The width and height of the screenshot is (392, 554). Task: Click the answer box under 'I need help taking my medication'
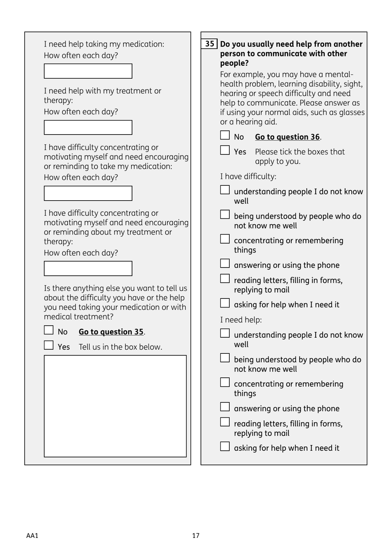88,71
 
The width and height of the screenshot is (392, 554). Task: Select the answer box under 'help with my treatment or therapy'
88,128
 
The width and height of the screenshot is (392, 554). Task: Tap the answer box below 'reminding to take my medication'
88,193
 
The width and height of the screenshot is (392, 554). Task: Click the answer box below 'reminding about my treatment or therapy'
88,268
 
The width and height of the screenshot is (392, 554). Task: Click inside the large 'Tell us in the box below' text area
115,406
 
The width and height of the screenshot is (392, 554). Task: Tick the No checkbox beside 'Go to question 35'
49,330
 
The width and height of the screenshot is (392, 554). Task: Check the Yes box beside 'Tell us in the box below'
49,345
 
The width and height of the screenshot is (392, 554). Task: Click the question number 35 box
210,44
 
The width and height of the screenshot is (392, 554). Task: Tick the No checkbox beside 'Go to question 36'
225,135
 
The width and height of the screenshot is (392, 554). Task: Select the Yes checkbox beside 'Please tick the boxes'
225,150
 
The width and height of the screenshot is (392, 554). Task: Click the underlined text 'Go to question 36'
287,137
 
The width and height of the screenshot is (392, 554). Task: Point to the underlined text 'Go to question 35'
111,332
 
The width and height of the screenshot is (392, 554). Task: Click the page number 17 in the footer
196,535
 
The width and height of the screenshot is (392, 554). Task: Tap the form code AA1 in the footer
32,535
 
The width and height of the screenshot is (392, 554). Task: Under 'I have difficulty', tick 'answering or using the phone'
225,263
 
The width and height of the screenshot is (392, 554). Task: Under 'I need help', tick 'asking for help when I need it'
225,446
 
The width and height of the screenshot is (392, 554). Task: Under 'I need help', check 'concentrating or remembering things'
225,382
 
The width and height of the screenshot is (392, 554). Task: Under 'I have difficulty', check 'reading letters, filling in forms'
225,279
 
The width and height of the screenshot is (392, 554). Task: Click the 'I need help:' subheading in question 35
241,320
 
